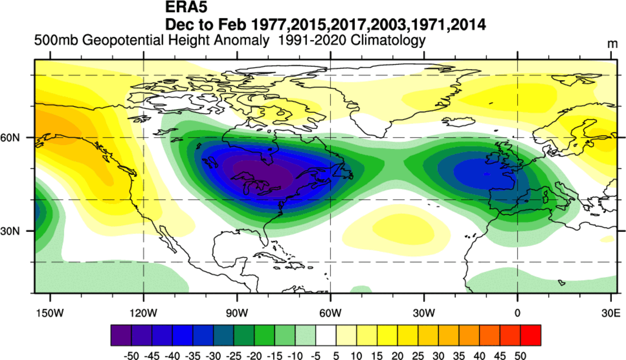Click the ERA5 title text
[186, 7]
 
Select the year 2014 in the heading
[468, 24]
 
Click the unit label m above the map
[612, 44]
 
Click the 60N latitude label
[10, 138]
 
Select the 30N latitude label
[10, 231]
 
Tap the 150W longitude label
[50, 313]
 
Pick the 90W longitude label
[237, 313]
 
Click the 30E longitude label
[611, 313]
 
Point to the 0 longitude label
[517, 313]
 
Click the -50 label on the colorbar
[131, 356]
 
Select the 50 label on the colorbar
[520, 356]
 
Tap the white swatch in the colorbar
[326, 335]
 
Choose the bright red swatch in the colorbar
[531, 335]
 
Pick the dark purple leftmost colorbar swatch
[121, 335]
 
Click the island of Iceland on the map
[458, 122]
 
